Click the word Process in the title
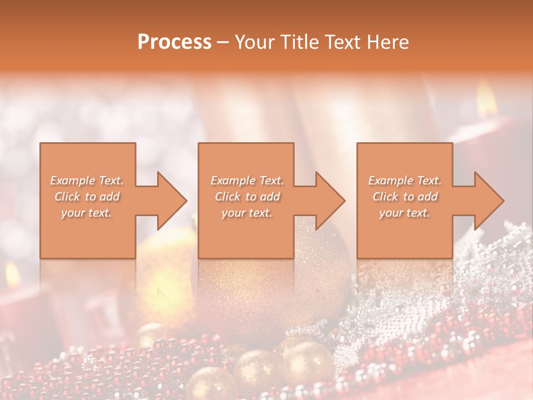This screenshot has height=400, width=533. pyautogui.click(x=174, y=42)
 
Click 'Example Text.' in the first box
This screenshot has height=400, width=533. pyautogui.click(x=87, y=181)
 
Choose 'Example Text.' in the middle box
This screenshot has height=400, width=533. pyautogui.click(x=247, y=181)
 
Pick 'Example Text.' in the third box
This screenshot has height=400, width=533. pyautogui.click(x=405, y=181)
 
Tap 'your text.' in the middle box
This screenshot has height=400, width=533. pyautogui.click(x=247, y=213)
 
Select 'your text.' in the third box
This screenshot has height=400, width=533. pyautogui.click(x=404, y=213)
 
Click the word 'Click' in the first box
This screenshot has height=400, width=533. pyautogui.click(x=68, y=197)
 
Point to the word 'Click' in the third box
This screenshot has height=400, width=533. pyautogui.click(x=386, y=197)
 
